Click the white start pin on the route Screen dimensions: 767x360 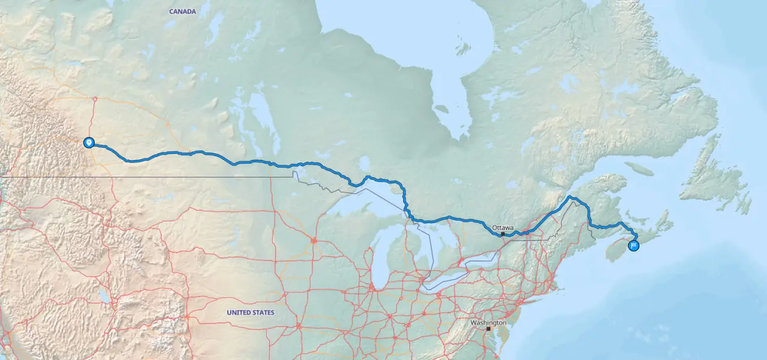point(89,143)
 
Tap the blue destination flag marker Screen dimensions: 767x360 point(633,245)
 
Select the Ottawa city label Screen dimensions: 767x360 point(503,228)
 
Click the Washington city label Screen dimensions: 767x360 point(488,323)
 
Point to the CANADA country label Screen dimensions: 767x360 point(183,11)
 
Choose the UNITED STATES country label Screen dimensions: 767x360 point(250,313)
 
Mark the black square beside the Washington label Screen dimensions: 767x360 point(488,329)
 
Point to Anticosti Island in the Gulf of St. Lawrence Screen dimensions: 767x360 point(639,169)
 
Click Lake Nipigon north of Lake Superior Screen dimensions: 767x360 point(364,163)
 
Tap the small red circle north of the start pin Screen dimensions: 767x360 point(95,99)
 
